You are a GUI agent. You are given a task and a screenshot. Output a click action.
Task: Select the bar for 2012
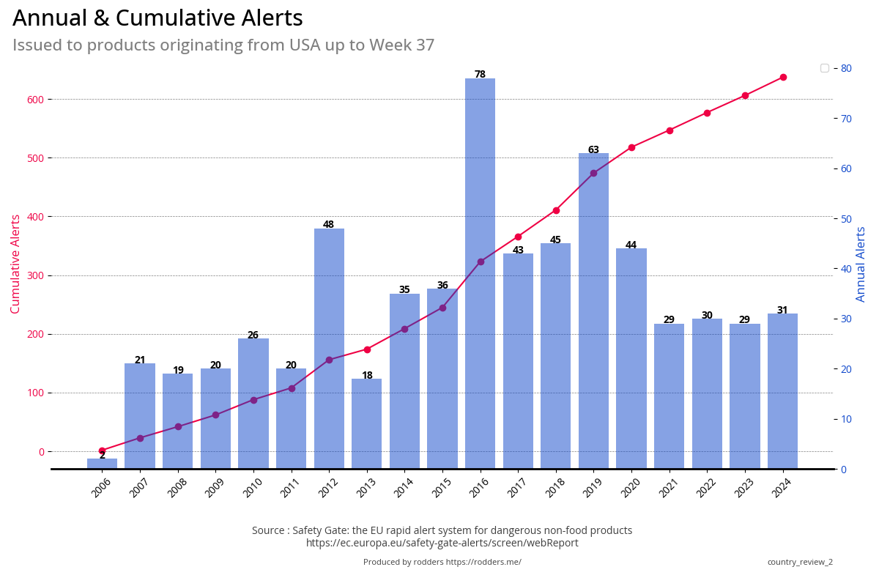click(x=329, y=349)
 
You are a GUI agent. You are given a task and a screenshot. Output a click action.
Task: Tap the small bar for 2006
click(x=102, y=464)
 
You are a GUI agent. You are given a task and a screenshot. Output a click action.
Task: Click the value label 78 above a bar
click(x=480, y=74)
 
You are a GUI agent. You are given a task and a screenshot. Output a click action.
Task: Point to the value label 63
click(x=593, y=149)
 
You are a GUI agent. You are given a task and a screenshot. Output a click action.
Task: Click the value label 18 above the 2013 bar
click(x=367, y=375)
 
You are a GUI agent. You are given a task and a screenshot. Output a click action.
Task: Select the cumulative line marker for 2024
click(x=783, y=77)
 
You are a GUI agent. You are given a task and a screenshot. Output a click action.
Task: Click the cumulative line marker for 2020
click(x=631, y=147)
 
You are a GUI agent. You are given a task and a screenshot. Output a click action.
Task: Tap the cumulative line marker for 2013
click(x=367, y=349)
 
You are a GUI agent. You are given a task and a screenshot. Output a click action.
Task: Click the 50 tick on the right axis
click(x=845, y=219)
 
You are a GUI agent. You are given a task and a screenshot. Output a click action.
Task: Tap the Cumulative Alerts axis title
click(x=15, y=264)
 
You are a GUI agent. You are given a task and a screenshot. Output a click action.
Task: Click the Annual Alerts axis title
click(x=861, y=264)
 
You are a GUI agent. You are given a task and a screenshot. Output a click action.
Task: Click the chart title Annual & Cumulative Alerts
click(x=157, y=18)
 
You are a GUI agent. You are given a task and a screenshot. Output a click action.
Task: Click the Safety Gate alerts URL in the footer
click(x=442, y=543)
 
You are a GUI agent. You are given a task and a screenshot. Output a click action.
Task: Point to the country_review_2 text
click(x=800, y=562)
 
